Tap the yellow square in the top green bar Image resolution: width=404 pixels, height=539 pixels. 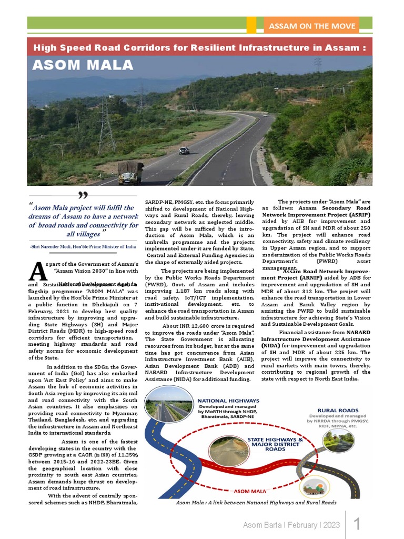tap(251, 25)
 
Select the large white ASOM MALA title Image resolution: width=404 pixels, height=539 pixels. tap(83, 65)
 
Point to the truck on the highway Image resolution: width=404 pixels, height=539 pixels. tap(130, 172)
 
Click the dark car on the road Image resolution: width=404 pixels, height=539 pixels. tap(184, 151)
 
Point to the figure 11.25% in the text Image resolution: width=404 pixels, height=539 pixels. tap(126, 454)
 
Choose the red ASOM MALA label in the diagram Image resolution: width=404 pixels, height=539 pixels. tap(250, 491)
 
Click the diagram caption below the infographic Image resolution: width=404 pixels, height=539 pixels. tap(256, 503)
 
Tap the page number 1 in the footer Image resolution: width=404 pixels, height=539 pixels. tap(357, 524)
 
